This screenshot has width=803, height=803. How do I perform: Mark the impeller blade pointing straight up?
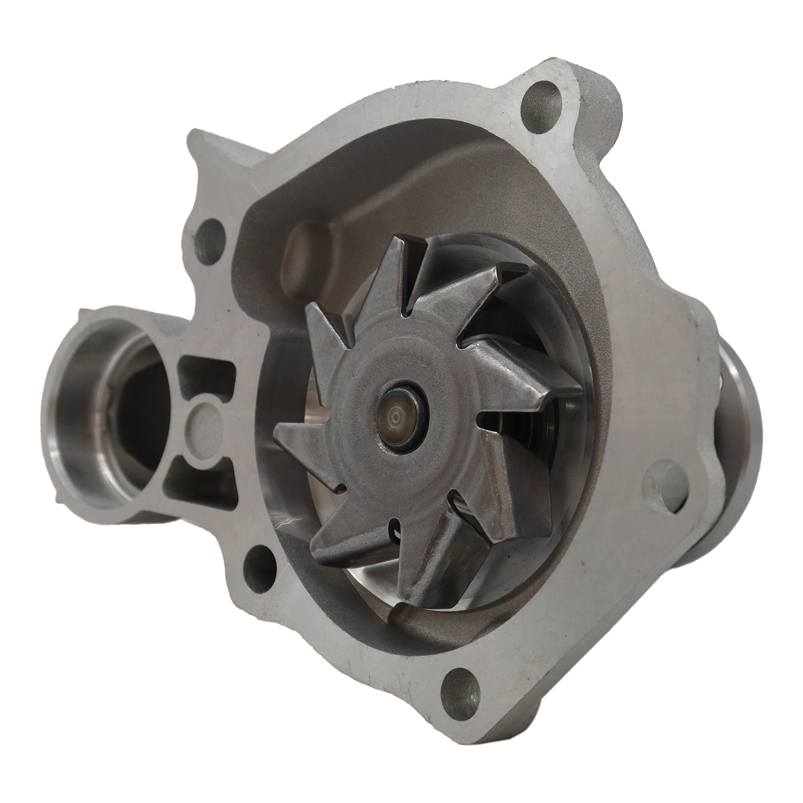(x=405, y=274)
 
